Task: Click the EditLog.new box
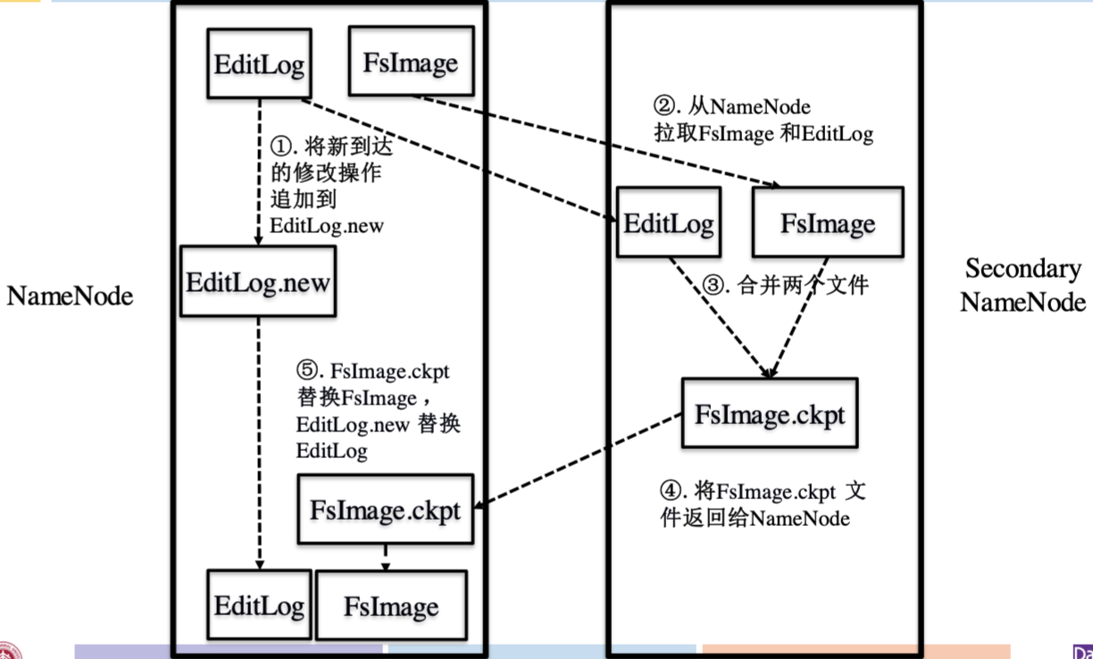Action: click(x=258, y=283)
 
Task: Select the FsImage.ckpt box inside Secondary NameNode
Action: click(x=769, y=413)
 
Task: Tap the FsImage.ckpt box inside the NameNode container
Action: click(x=385, y=510)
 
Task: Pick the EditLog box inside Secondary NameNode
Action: click(x=668, y=222)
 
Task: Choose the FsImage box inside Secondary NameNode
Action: click(x=828, y=222)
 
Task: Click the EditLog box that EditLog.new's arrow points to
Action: click(x=260, y=605)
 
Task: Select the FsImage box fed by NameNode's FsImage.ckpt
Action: click(x=391, y=606)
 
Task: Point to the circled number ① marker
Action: click(x=280, y=145)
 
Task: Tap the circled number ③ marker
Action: click(x=714, y=287)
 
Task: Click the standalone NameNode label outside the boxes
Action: click(x=70, y=296)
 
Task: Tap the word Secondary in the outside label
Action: click(x=1022, y=269)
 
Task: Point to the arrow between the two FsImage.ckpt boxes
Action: click(x=580, y=463)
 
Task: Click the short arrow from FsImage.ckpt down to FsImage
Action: click(x=386, y=559)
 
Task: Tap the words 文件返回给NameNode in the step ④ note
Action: click(x=755, y=517)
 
